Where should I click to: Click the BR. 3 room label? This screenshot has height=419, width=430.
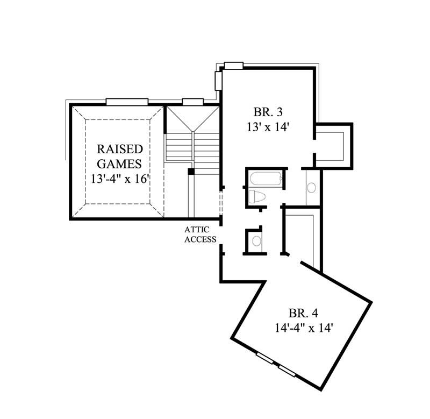[268, 112]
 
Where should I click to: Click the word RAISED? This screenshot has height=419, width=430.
[119, 149]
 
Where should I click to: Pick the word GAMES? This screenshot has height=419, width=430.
[119, 164]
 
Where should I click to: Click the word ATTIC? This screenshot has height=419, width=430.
[200, 230]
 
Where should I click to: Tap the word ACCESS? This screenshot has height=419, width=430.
[200, 240]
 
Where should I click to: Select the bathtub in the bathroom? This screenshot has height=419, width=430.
[265, 179]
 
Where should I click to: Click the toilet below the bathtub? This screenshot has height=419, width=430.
[257, 197]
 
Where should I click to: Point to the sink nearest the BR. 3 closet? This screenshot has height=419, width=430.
[311, 188]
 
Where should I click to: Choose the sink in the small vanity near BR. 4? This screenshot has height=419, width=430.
[256, 240]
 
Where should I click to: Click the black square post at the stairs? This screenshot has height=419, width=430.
[190, 172]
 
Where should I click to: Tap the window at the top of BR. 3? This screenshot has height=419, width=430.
[233, 66]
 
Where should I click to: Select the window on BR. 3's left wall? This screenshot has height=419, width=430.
[218, 80]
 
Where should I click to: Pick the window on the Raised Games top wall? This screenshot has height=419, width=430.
[127, 101]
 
